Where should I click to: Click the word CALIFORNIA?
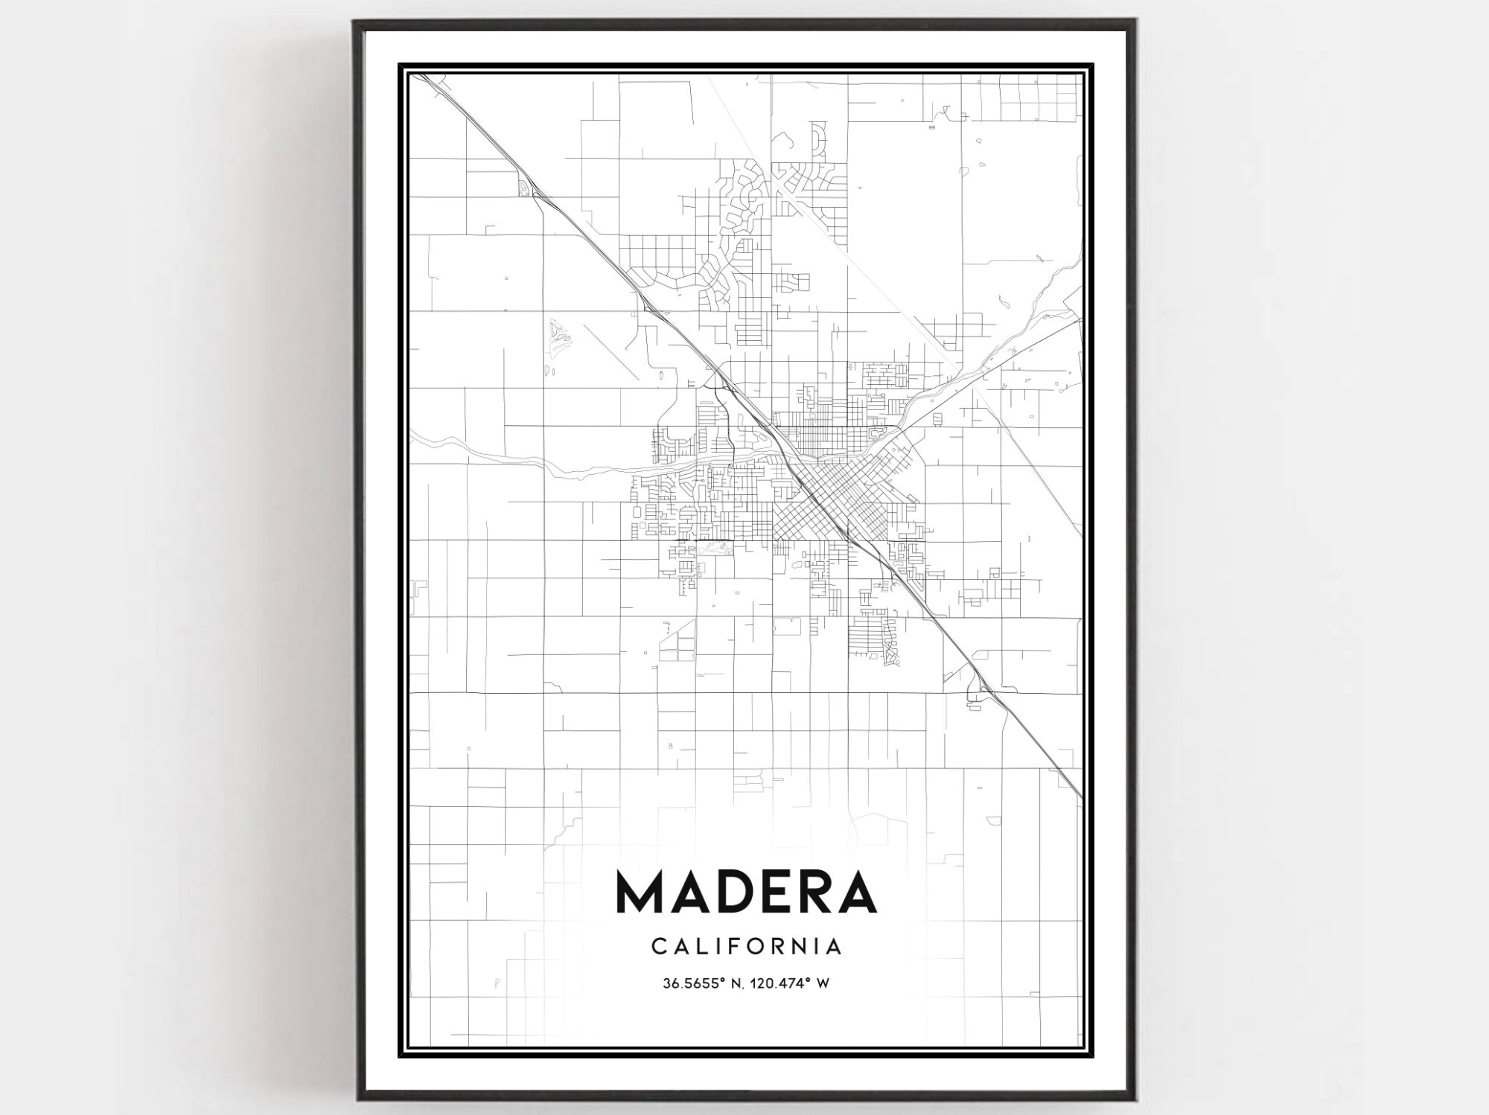747,946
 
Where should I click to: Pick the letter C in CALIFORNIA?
657,946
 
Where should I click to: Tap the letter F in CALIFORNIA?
737,946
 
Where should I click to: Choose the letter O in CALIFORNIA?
759,946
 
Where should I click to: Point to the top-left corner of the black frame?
355,22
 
